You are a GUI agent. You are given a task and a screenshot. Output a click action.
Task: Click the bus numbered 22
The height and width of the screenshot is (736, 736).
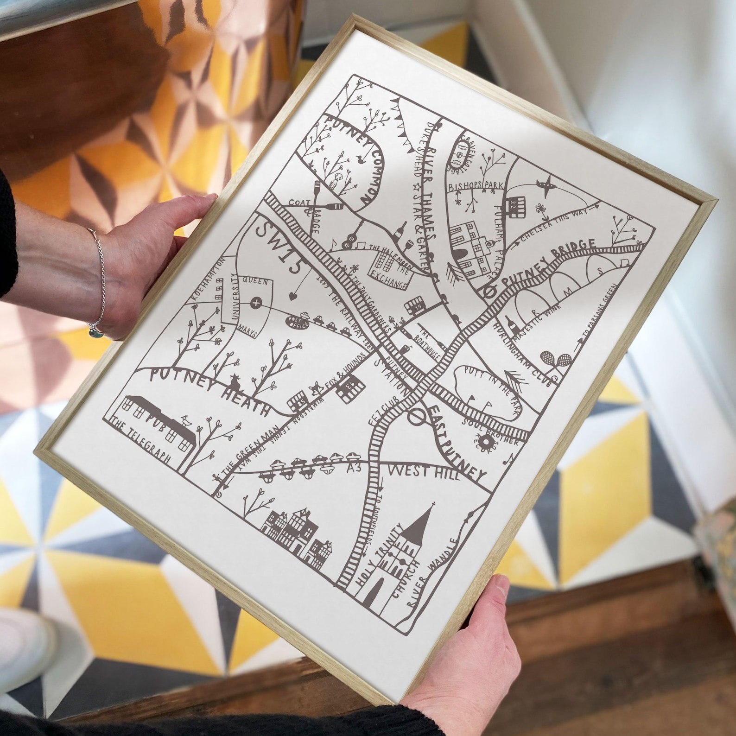point(517,206)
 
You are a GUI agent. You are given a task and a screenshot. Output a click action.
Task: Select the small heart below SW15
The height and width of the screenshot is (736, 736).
point(292,295)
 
